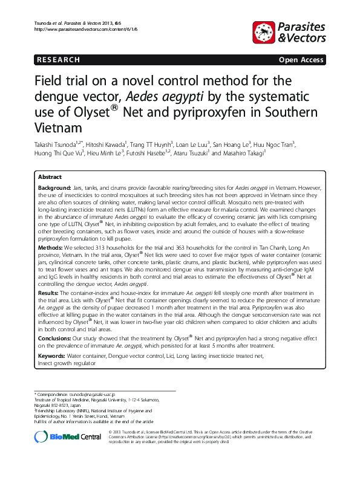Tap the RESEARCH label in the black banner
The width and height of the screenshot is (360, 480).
click(x=58, y=60)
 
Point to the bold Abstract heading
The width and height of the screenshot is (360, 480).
click(x=49, y=177)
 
